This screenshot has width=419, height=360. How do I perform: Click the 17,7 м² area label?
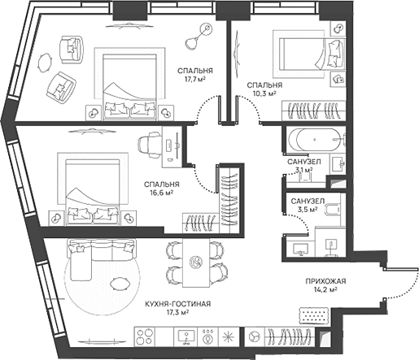195,80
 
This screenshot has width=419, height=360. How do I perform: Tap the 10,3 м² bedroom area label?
264,93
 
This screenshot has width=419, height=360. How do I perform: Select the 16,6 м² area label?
162,193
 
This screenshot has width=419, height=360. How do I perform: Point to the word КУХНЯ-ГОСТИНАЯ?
178,304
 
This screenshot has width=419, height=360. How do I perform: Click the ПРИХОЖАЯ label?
325,281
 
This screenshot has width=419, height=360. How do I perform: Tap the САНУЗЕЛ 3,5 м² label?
308,205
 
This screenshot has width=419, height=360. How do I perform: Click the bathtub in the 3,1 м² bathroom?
315,140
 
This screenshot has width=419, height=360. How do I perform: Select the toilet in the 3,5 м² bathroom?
332,210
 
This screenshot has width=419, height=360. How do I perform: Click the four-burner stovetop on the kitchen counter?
145,336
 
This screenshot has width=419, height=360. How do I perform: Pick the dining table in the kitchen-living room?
196,262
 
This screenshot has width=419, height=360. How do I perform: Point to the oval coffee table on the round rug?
120,284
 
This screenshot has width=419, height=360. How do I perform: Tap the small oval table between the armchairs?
46,63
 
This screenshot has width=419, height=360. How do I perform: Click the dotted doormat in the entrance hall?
314,316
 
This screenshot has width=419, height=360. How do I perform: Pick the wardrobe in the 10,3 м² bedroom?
314,111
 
